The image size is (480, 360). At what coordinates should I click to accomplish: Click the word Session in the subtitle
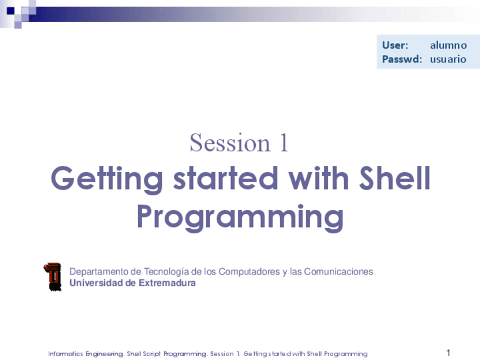click(x=230, y=143)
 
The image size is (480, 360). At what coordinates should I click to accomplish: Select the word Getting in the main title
click(x=107, y=179)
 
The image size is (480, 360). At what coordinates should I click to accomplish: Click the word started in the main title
click(x=226, y=178)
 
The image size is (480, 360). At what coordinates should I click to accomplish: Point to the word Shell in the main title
click(x=395, y=178)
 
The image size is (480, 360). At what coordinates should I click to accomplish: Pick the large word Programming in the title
click(x=241, y=218)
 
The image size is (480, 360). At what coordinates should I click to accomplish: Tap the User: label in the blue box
click(x=395, y=45)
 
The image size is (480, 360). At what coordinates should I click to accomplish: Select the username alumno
click(x=448, y=45)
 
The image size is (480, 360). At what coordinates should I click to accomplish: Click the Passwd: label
click(x=402, y=59)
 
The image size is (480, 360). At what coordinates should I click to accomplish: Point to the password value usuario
click(x=448, y=59)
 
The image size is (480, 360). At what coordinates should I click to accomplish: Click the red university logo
click(x=52, y=277)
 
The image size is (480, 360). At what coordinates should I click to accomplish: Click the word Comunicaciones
click(x=338, y=272)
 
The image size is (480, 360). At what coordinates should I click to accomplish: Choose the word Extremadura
click(x=167, y=282)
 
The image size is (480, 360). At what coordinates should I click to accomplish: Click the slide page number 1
click(x=448, y=353)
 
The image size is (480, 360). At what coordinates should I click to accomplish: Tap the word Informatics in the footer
click(x=66, y=354)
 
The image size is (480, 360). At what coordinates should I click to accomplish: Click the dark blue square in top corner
click(x=11, y=11)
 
